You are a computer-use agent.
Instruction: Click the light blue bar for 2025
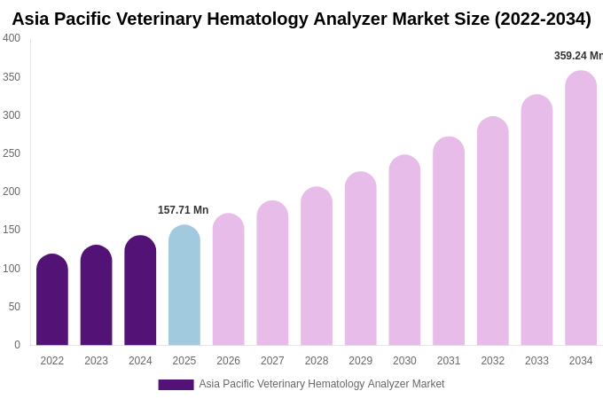click(184, 286)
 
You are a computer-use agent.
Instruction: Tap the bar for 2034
click(581, 208)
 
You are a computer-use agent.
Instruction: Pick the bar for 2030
click(404, 250)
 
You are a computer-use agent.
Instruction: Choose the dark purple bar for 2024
click(140, 291)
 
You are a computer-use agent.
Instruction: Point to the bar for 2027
click(272, 273)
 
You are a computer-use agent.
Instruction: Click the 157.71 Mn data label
click(184, 210)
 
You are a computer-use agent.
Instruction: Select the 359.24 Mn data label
click(578, 56)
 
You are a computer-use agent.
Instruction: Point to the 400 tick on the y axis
click(12, 38)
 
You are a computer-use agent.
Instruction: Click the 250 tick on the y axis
click(12, 153)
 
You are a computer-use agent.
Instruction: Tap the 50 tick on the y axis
click(14, 307)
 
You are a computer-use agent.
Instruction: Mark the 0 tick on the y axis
click(17, 345)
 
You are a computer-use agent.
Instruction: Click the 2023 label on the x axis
click(96, 361)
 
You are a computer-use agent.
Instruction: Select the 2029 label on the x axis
click(360, 361)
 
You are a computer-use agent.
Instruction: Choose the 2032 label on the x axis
click(492, 361)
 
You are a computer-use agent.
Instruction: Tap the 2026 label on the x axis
click(228, 361)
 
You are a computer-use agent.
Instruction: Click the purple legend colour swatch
click(176, 385)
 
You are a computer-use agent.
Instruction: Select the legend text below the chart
click(321, 384)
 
